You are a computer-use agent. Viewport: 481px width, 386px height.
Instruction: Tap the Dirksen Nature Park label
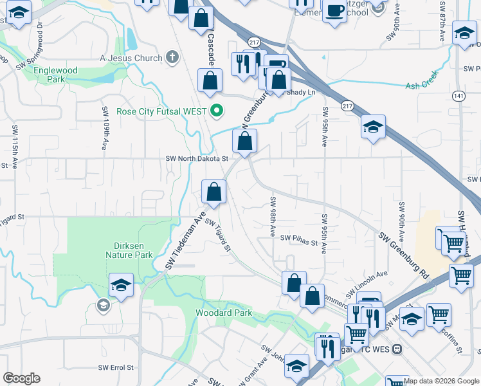click(x=129, y=250)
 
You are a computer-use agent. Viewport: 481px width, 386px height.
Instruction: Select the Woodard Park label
click(x=224, y=313)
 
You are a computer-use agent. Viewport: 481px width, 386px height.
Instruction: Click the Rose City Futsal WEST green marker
click(x=217, y=111)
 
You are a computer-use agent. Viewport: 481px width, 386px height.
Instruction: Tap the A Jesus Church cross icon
click(x=171, y=58)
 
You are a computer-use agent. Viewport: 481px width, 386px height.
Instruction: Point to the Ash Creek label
click(x=421, y=86)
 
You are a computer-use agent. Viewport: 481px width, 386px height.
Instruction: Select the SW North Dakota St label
click(x=197, y=158)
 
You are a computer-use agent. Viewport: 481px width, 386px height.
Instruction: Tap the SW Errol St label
click(x=115, y=367)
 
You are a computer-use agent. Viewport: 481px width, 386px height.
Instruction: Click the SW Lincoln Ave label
click(x=367, y=275)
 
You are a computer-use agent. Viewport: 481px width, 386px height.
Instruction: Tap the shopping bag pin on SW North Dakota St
click(x=244, y=141)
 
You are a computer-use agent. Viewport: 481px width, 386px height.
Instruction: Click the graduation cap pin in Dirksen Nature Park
click(x=120, y=284)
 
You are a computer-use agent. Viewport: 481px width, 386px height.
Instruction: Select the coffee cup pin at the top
click(x=334, y=10)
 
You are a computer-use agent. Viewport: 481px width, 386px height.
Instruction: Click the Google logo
click(x=21, y=378)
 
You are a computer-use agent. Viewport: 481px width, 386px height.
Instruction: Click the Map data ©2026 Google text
click(x=441, y=381)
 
